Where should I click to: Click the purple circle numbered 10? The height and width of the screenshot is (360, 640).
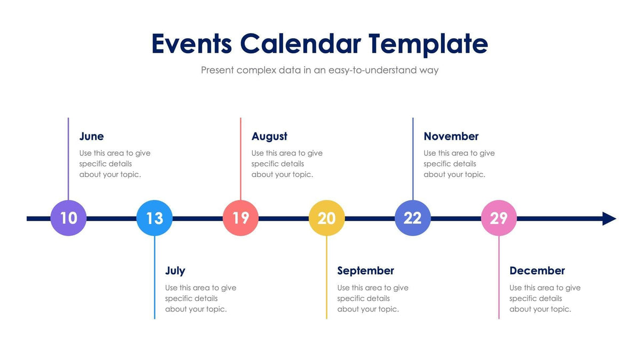(x=68, y=218)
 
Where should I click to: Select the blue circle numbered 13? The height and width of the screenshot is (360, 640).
(x=155, y=218)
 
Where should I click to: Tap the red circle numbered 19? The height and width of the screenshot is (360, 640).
(x=241, y=218)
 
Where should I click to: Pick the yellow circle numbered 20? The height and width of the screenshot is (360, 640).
(x=326, y=218)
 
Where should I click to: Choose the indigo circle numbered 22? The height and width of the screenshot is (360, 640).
(x=413, y=218)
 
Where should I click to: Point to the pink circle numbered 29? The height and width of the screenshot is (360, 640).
(x=499, y=218)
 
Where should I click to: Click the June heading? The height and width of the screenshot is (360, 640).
(x=92, y=137)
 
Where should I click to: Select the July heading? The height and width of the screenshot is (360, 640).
(x=175, y=271)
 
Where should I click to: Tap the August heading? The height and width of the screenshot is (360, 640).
(x=269, y=137)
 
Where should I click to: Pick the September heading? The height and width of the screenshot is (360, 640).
(x=365, y=271)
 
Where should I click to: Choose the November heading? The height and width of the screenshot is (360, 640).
(x=451, y=137)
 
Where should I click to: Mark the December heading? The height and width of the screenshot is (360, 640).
(x=537, y=271)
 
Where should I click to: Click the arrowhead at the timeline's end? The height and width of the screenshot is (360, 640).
(x=609, y=219)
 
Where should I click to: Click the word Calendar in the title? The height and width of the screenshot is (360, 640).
(x=300, y=44)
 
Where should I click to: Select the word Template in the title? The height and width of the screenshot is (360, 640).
(x=428, y=44)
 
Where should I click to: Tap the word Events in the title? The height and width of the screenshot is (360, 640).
(x=191, y=44)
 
